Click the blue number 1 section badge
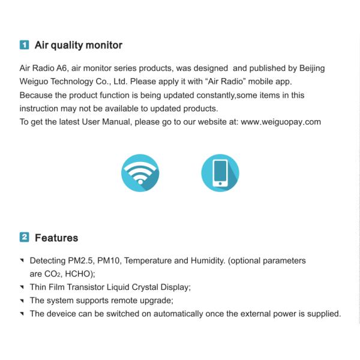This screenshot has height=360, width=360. (24, 45)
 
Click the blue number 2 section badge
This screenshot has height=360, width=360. (24, 237)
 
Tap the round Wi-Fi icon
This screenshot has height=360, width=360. (140, 172)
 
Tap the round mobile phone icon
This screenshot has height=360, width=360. (220, 172)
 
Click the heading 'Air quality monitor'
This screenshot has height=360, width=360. (79, 45)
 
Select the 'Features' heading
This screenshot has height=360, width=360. (56, 238)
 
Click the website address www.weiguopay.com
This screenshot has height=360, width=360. (281, 121)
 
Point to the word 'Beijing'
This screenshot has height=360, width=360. (310, 68)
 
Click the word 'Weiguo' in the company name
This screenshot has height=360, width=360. (34, 82)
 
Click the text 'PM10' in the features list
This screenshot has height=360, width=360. (107, 261)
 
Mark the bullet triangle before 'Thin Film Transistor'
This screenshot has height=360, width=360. (22, 287)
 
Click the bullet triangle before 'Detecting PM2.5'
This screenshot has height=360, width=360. (22, 261)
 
